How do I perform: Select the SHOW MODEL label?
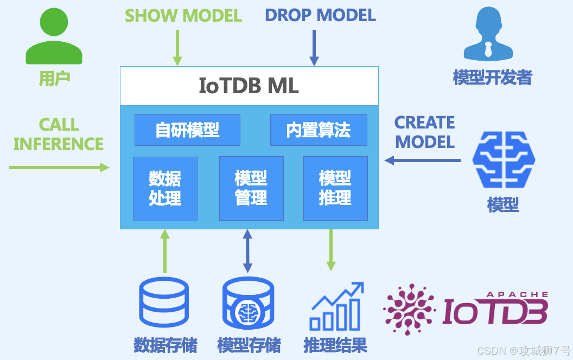(183, 15)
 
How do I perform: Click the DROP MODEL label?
(320, 15)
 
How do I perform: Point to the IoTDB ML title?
(249, 86)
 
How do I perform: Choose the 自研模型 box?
(187, 130)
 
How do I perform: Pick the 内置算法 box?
(319, 130)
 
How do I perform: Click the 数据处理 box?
(165, 188)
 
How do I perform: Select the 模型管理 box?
(251, 188)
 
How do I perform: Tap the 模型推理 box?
(335, 188)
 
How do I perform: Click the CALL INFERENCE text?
(59, 134)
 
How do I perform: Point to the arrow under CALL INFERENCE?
(59, 168)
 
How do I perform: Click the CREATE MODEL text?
(425, 132)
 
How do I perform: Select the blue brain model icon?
(503, 160)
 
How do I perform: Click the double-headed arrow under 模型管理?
(248, 251)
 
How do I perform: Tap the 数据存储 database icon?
(165, 304)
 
